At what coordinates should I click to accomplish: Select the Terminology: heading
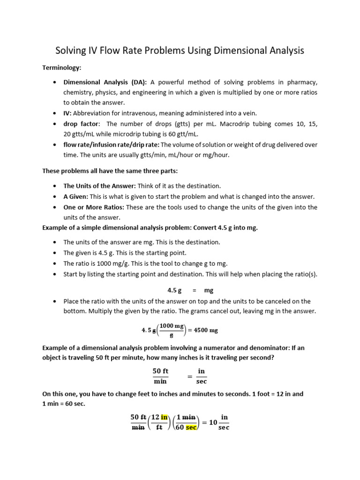tap(62, 68)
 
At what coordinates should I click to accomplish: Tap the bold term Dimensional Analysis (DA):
tap(105, 82)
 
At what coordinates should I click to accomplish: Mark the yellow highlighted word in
tap(164, 417)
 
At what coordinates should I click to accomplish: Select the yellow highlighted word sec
tap(191, 427)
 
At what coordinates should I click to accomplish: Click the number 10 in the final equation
tap(213, 422)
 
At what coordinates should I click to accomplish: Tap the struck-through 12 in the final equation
tap(155, 417)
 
